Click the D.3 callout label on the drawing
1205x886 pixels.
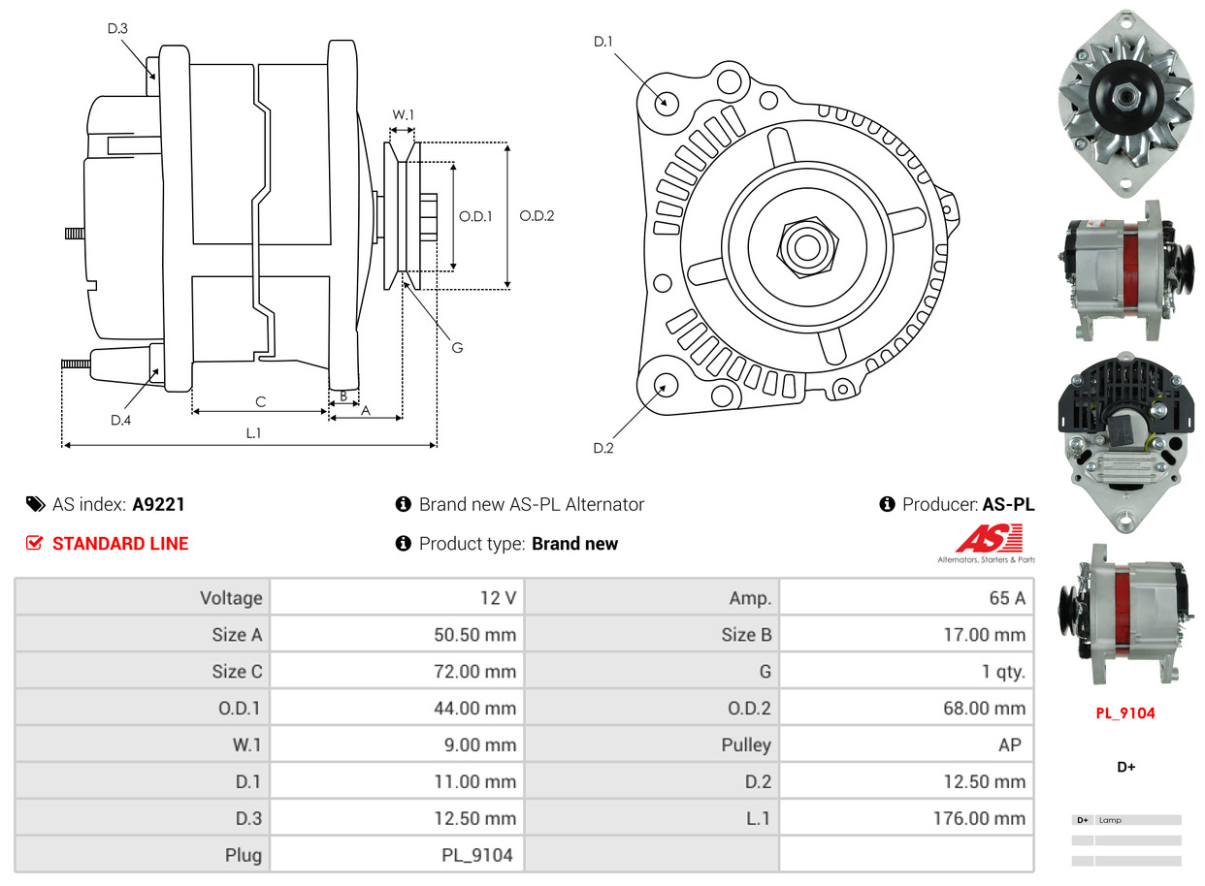(117, 29)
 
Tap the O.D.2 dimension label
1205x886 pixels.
(537, 216)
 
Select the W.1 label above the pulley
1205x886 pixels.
(403, 114)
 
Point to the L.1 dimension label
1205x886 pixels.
(252, 433)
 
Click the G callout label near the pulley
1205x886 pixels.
(457, 347)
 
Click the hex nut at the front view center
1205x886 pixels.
(804, 246)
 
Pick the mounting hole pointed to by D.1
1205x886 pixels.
(666, 102)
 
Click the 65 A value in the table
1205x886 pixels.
(1006, 598)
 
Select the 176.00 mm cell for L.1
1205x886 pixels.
(981, 818)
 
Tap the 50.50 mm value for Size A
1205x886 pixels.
(474, 635)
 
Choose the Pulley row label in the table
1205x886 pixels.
(746, 744)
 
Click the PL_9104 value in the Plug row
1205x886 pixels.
(476, 855)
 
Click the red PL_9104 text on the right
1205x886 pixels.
(1125, 713)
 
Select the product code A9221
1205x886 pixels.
(159, 504)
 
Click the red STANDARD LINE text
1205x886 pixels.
(120, 544)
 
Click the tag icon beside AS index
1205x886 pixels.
(35, 504)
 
